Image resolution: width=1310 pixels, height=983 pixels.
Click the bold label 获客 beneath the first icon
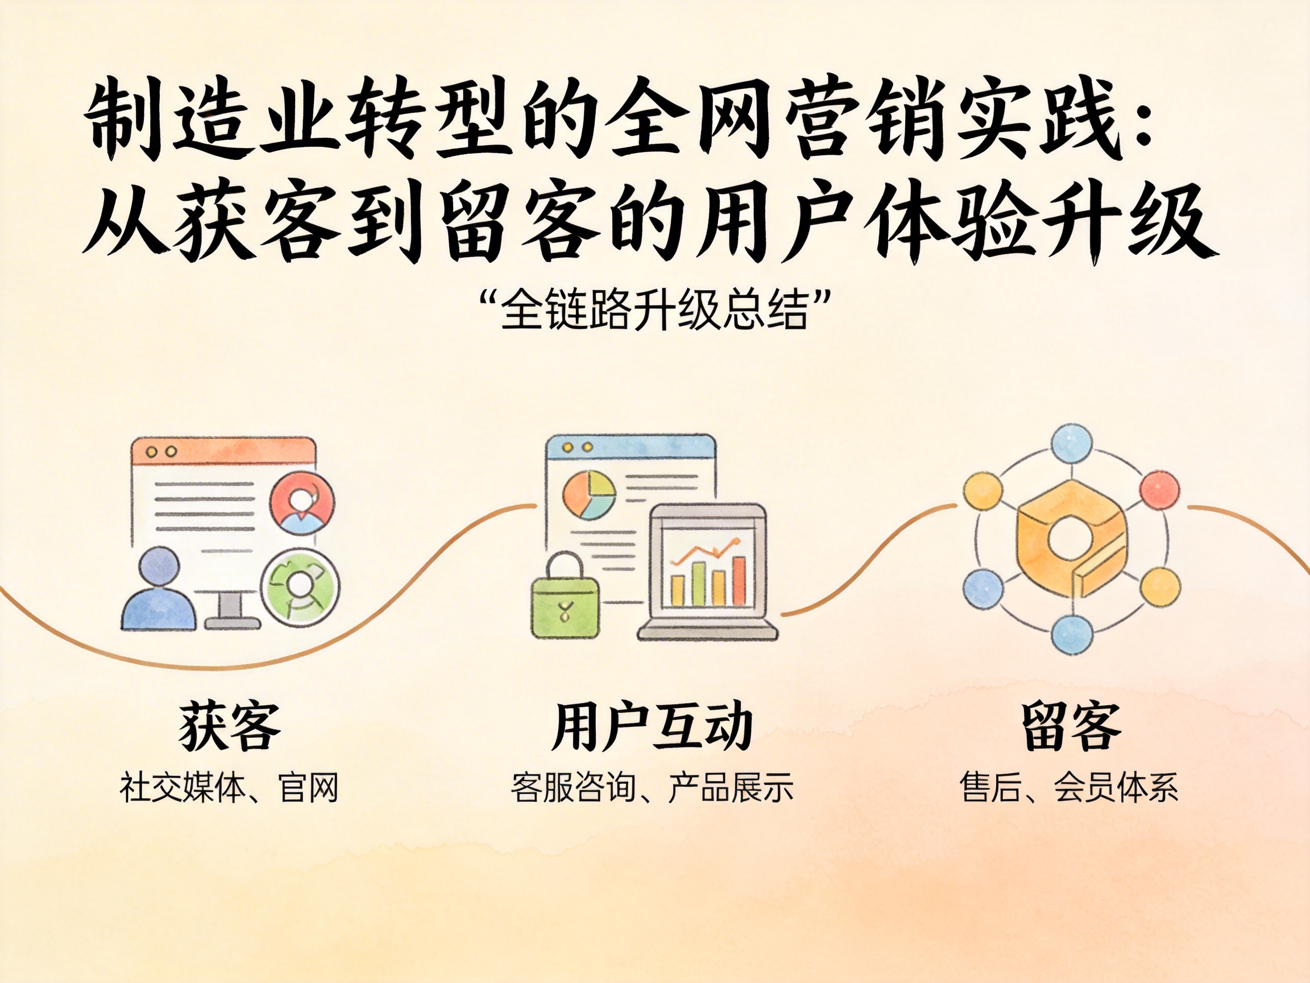coord(229,726)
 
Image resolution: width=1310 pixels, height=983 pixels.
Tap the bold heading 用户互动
coord(652,726)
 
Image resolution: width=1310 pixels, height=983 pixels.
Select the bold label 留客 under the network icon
coord(1071,726)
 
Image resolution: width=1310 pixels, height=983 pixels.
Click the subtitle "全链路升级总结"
coord(654,309)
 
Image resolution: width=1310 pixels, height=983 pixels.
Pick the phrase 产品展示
coord(731,787)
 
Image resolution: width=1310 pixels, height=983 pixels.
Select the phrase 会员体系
coord(1116,787)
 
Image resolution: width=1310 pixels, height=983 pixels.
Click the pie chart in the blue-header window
coord(588,495)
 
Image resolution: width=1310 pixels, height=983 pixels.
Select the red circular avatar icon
coord(302,504)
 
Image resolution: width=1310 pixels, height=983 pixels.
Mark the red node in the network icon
coord(1159,490)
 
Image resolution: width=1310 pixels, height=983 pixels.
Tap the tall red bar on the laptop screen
coord(739,581)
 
